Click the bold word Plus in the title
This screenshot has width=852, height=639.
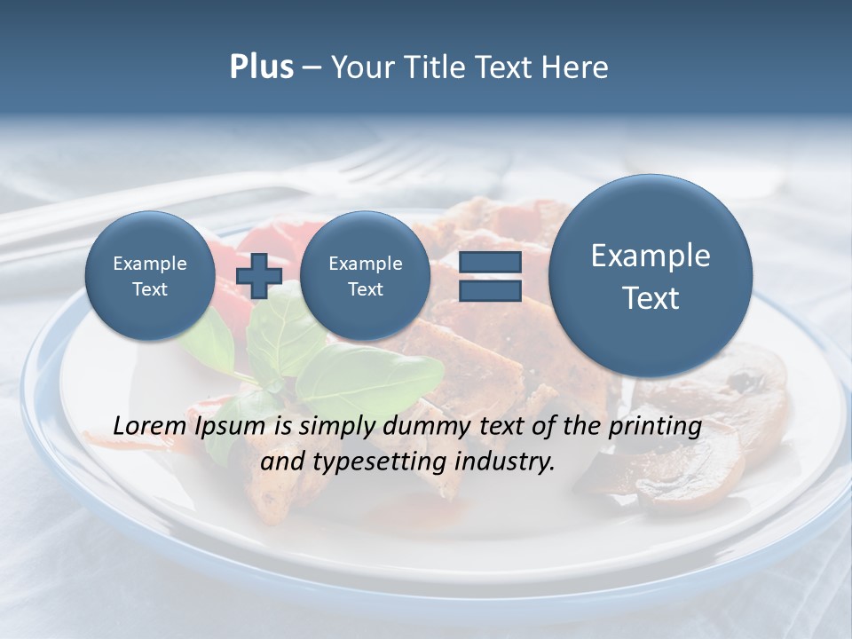tap(261, 67)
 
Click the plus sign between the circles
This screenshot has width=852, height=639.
tap(259, 276)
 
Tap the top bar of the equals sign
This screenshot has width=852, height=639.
tap(490, 262)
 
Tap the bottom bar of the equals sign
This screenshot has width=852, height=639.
tap(490, 290)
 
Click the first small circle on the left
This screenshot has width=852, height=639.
tap(150, 276)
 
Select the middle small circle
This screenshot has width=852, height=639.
tap(365, 276)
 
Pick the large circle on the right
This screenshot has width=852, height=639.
tap(651, 276)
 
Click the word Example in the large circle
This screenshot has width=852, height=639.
tap(651, 256)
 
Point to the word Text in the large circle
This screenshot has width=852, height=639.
tap(651, 298)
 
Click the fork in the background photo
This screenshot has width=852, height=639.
tap(373, 169)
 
